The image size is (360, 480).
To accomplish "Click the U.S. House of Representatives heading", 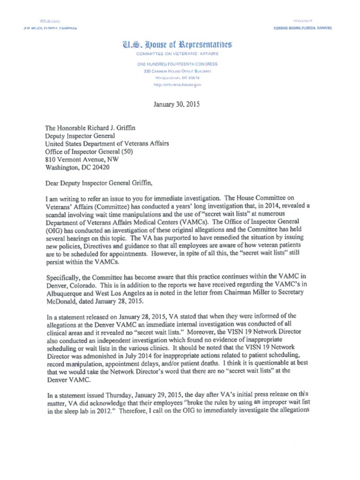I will (177, 45).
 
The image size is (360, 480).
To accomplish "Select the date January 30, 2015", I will (176, 105).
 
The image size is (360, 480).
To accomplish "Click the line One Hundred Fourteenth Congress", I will (177, 64).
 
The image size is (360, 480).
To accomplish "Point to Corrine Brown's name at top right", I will (302, 28).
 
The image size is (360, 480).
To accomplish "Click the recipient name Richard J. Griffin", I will (113, 127).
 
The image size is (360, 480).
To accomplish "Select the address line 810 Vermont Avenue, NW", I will (82, 159).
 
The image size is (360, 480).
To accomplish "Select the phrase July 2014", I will (141, 355).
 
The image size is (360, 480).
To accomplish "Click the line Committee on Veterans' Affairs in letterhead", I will (177, 54).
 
